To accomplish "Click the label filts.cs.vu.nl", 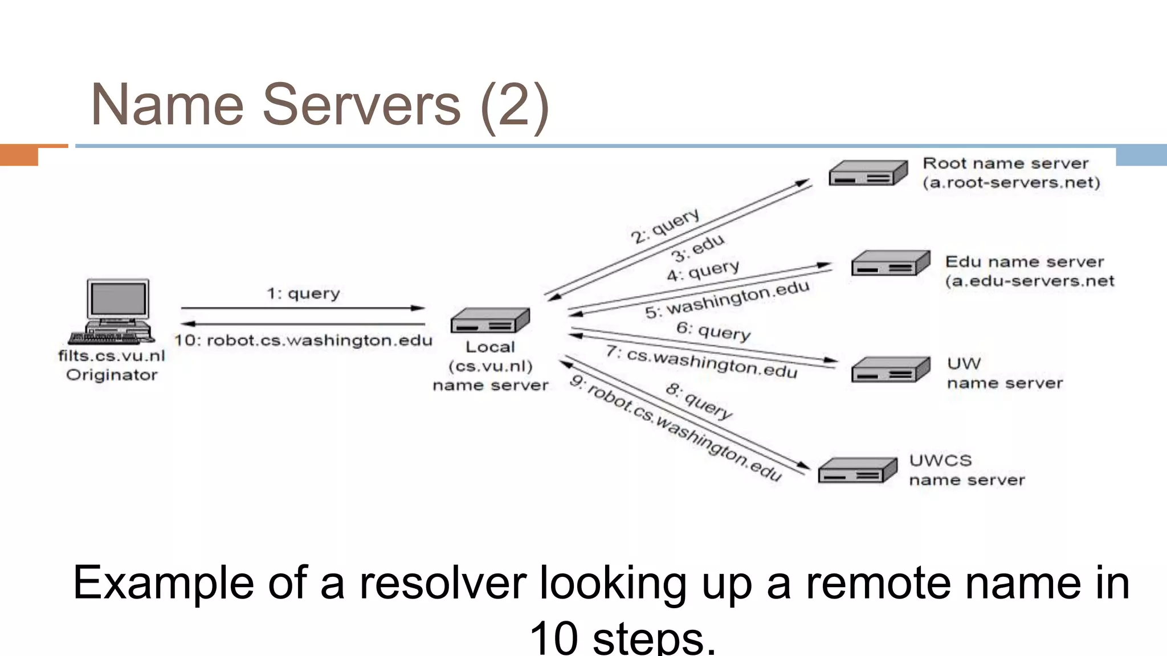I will pos(112,356).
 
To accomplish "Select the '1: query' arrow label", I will pos(303,293).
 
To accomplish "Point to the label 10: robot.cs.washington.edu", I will pos(303,341).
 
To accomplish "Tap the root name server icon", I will pos(867,173).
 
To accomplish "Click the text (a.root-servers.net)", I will pos(1011,183).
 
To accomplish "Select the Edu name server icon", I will pos(890,263).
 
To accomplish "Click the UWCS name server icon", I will pos(857,471).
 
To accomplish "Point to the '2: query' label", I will pos(665,226).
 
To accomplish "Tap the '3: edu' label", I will pos(697,248).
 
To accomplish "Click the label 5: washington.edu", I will pos(727,300).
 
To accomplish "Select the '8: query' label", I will pos(699,401).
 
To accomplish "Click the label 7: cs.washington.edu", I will pos(702,362).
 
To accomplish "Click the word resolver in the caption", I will pos(442,583).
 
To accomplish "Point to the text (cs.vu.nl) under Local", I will pos(490,366).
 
